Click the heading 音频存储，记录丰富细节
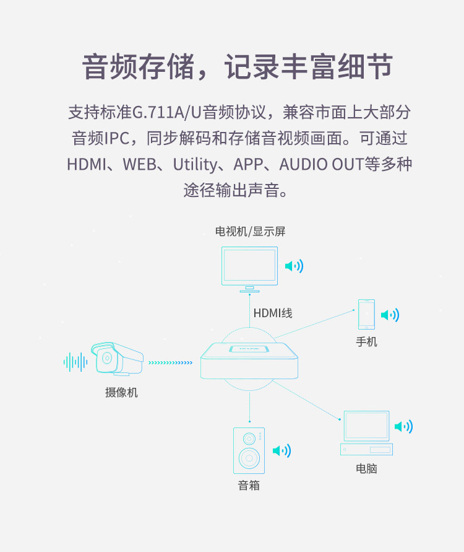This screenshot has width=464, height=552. [238, 67]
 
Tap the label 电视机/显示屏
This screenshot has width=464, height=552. [250, 231]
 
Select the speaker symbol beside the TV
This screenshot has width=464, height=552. [294, 266]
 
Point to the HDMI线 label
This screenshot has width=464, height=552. [272, 313]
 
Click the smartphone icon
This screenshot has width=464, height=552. [366, 315]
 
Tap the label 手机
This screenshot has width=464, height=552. [366, 341]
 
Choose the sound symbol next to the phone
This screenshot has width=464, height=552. [390, 315]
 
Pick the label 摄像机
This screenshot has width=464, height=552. [121, 392]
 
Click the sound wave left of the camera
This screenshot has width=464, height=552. [75, 362]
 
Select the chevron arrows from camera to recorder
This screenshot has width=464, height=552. [171, 362]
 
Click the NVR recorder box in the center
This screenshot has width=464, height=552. [249, 362]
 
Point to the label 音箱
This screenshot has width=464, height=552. [249, 485]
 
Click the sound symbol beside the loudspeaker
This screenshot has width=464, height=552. [281, 450]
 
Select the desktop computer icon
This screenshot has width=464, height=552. [366, 432]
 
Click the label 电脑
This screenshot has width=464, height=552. [366, 468]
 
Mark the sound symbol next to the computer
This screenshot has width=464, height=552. [403, 426]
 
